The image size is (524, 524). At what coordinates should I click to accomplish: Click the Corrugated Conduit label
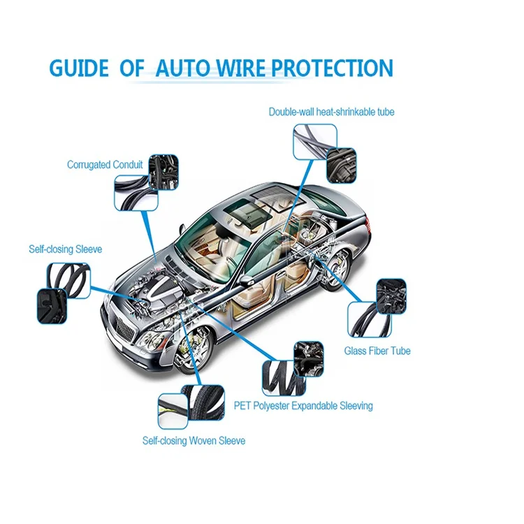[x=105, y=165]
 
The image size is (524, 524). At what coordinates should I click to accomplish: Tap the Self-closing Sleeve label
[x=66, y=249]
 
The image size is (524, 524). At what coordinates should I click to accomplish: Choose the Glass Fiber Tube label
[x=377, y=351]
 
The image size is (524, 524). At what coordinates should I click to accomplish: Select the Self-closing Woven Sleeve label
[x=194, y=441]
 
